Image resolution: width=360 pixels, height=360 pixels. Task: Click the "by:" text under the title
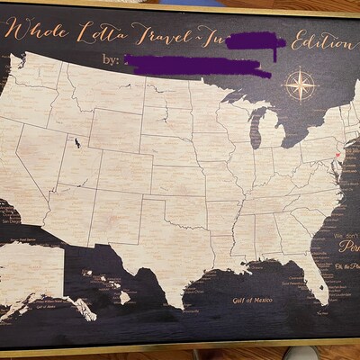111,61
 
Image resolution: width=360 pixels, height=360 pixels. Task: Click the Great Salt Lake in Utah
78,141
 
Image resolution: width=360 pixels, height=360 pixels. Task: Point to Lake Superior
238,100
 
